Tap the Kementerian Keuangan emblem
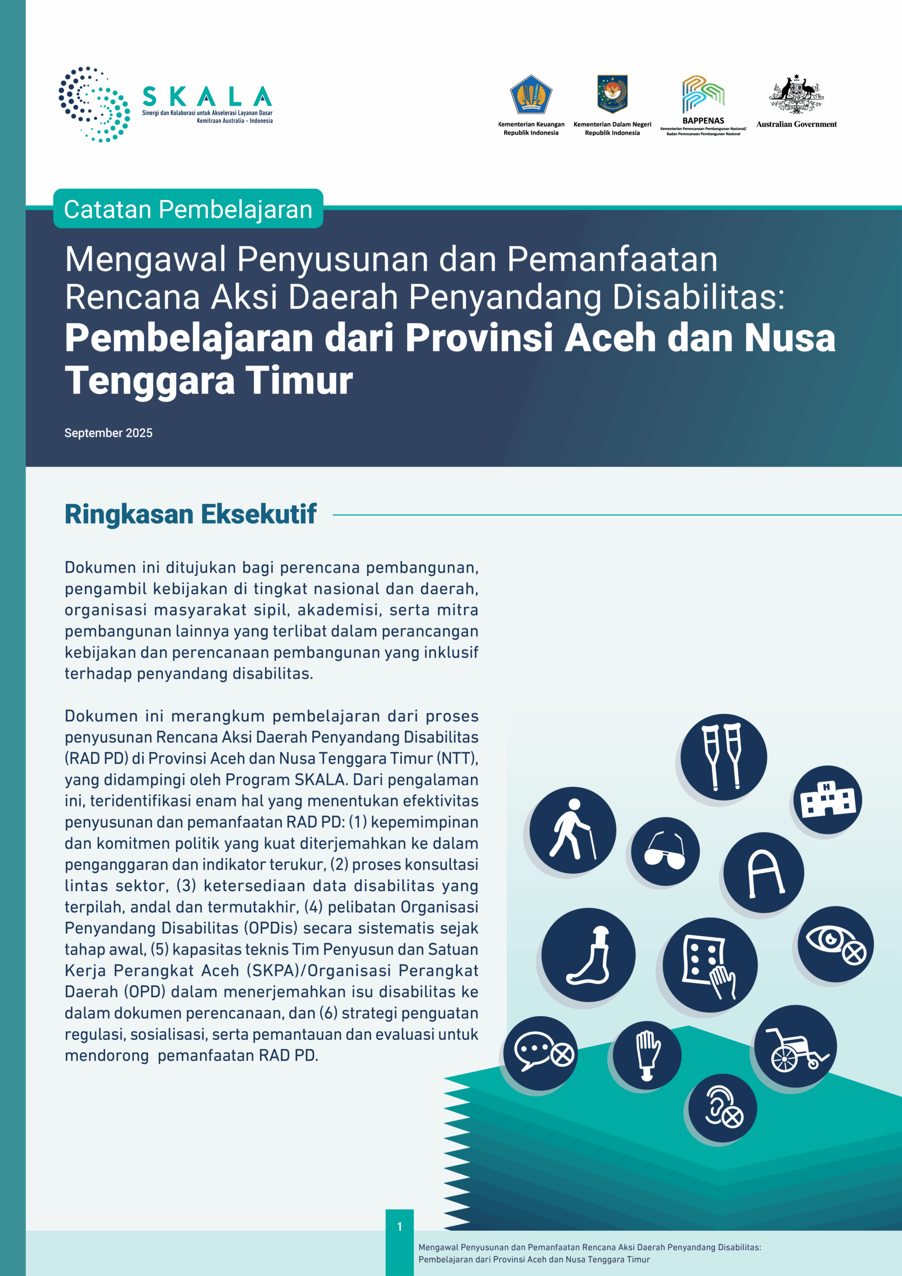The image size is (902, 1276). click(531, 95)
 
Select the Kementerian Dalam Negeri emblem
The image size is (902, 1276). click(612, 94)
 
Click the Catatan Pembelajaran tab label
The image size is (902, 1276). click(188, 209)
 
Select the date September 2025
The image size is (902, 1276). click(108, 433)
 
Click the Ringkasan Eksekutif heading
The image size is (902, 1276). click(191, 514)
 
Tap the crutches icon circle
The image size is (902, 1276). click(724, 757)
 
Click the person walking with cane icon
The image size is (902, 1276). click(573, 830)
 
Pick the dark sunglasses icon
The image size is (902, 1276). click(665, 851)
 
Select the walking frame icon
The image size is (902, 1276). click(763, 873)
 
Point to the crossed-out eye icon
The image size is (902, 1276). click(835, 944)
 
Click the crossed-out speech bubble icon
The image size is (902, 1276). click(540, 1053)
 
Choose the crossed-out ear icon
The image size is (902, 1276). click(723, 1108)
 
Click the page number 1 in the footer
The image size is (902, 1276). click(400, 1226)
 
